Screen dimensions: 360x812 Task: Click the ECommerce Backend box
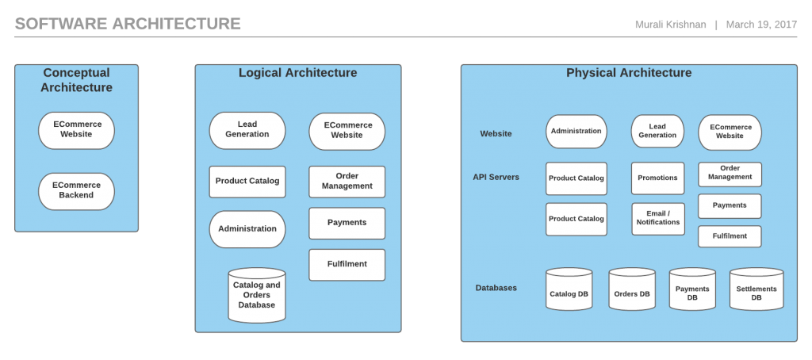pyautogui.click(x=76, y=191)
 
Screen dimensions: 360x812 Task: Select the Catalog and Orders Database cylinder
pyautogui.click(x=256, y=295)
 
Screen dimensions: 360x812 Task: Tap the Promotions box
pyautogui.click(x=657, y=178)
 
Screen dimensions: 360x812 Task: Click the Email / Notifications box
pyautogui.click(x=657, y=218)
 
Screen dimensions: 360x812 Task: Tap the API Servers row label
pyautogui.click(x=496, y=177)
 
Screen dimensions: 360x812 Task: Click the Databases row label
pyautogui.click(x=496, y=288)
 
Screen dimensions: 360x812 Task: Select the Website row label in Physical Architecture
pyautogui.click(x=496, y=134)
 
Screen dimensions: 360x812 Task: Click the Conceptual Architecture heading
pyautogui.click(x=76, y=80)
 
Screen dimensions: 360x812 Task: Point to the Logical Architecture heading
pyautogui.click(x=297, y=73)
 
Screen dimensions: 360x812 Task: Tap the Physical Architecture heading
pyautogui.click(x=628, y=73)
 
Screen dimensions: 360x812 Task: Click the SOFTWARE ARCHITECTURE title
pyautogui.click(x=128, y=24)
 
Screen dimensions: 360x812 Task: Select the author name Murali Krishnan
pyautogui.click(x=670, y=25)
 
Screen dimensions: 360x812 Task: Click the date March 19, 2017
pyautogui.click(x=761, y=25)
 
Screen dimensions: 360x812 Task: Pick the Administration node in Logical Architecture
pyautogui.click(x=247, y=229)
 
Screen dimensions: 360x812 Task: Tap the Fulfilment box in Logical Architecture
pyautogui.click(x=347, y=264)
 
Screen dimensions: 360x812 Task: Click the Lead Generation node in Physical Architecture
pyautogui.click(x=657, y=131)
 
